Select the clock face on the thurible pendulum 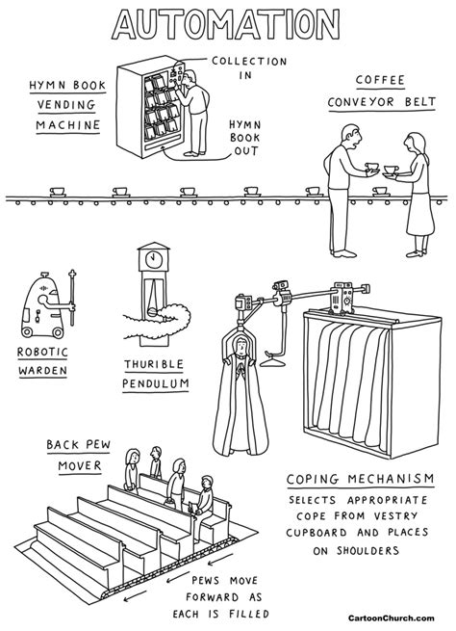tap(152, 258)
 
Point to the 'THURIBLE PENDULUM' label tap(155, 375)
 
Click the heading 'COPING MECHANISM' tap(353, 479)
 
